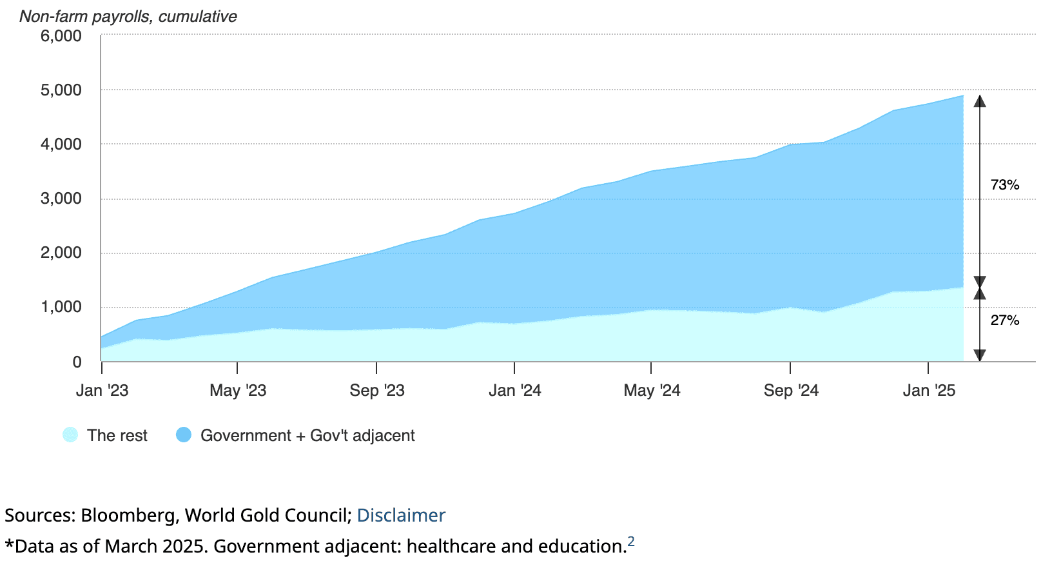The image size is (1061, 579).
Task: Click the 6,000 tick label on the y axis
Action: (61, 36)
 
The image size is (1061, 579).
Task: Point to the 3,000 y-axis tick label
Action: (61, 199)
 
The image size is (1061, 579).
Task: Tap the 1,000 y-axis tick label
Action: (61, 308)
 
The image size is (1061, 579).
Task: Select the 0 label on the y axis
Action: (77, 362)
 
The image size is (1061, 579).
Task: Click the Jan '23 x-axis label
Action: (102, 391)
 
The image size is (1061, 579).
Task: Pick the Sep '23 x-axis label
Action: (377, 391)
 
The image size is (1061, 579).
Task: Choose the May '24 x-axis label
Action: (652, 391)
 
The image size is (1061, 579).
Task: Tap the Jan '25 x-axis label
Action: (929, 391)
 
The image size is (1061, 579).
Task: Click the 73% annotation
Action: (1004, 185)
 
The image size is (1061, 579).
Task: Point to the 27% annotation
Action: (1004, 320)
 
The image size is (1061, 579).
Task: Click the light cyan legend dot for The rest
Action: (70, 435)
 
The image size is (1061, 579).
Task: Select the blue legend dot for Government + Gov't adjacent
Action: (184, 435)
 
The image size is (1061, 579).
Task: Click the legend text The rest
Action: (117, 436)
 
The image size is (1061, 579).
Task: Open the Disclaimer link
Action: (401, 516)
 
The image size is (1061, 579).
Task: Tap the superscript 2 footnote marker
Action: (631, 542)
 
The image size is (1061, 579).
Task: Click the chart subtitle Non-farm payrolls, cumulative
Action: (128, 16)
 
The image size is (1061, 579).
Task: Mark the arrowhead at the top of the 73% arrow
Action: (980, 101)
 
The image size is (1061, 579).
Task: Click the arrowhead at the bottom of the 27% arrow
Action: (980, 355)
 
